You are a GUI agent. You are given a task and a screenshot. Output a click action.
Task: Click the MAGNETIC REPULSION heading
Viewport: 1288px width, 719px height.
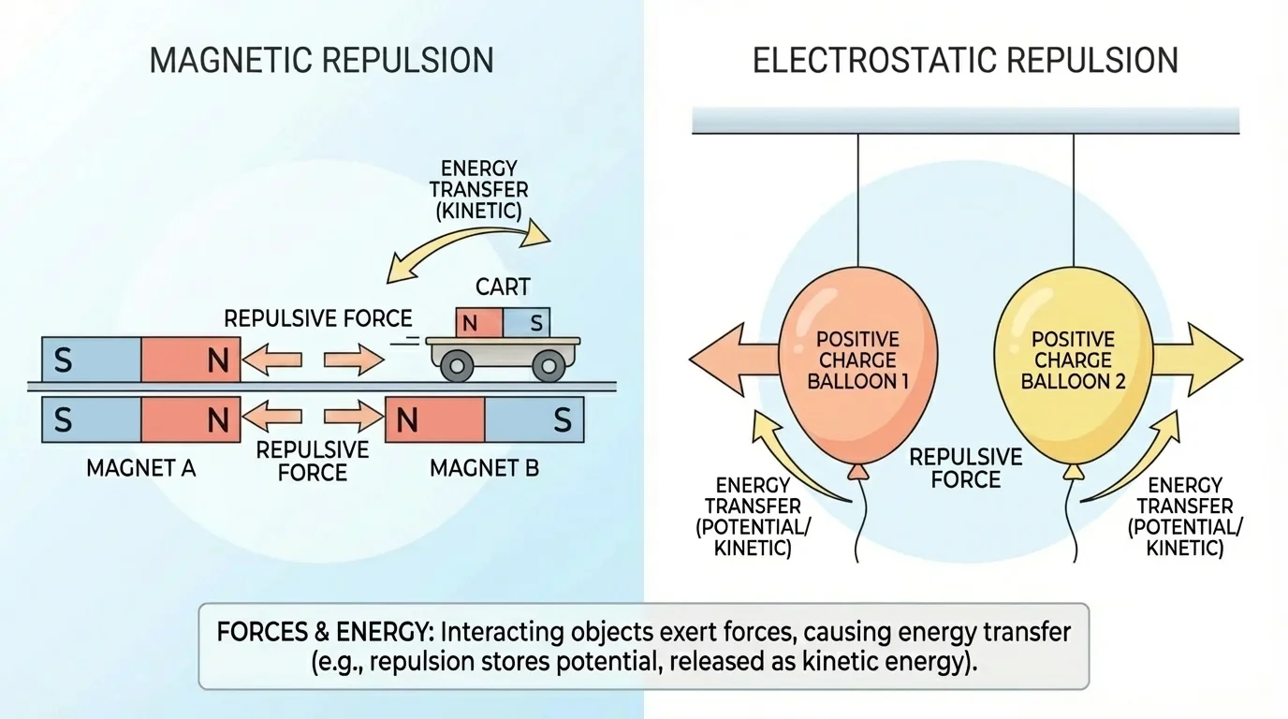click(x=321, y=60)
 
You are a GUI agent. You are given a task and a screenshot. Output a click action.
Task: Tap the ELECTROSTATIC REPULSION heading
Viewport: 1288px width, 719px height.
click(x=965, y=60)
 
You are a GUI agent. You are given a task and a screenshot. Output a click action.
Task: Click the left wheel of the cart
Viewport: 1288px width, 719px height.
click(x=458, y=364)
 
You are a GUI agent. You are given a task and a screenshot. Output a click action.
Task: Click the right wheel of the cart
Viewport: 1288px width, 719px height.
click(x=549, y=364)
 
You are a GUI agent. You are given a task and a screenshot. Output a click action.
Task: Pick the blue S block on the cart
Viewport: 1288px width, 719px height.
click(x=527, y=324)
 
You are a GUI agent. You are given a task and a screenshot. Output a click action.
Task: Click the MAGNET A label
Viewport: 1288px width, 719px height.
click(x=140, y=467)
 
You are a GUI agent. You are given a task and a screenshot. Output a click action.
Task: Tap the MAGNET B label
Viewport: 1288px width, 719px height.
click(x=484, y=467)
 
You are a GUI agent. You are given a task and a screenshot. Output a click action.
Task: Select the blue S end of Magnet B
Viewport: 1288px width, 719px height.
click(x=534, y=420)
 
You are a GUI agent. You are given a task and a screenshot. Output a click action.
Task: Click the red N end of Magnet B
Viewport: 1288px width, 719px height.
click(x=435, y=420)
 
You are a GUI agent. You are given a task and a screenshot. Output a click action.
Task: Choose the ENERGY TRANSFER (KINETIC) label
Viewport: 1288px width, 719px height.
click(x=479, y=189)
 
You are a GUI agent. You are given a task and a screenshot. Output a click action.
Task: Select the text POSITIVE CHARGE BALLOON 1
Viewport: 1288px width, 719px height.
click(x=857, y=360)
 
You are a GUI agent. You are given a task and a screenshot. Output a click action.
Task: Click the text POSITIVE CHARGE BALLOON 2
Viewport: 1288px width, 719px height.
click(x=1072, y=360)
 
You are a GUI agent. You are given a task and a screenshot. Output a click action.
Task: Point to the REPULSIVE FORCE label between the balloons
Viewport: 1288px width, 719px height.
click(x=966, y=467)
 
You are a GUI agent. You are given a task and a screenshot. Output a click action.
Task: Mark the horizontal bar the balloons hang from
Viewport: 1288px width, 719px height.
click(x=965, y=121)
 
